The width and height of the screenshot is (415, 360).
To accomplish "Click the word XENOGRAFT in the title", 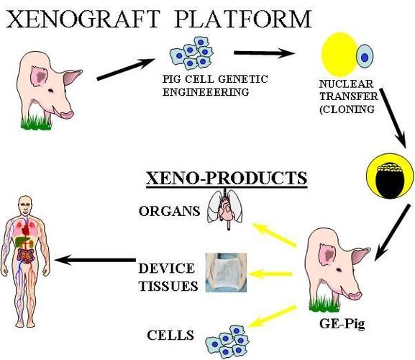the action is click(x=83, y=19).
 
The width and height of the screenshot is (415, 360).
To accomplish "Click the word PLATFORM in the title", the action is click(x=242, y=19).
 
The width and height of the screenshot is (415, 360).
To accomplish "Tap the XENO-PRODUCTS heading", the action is click(x=227, y=179).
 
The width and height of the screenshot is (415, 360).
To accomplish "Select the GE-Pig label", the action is click(x=342, y=324).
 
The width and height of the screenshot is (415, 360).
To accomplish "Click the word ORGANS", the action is click(x=170, y=212).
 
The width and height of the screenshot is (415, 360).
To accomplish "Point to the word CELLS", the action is click(x=170, y=335).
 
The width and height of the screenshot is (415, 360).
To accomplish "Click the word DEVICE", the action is click(x=166, y=269).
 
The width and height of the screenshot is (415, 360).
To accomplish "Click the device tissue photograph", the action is click(x=226, y=273).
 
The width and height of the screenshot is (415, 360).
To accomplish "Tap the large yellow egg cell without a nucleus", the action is click(x=339, y=54).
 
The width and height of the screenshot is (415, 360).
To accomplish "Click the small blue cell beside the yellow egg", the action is click(x=365, y=57).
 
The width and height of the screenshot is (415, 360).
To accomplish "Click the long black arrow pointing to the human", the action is click(x=95, y=260).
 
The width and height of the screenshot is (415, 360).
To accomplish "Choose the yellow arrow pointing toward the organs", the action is click(x=274, y=235).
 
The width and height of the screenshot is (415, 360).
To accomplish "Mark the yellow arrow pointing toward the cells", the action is click(x=273, y=316).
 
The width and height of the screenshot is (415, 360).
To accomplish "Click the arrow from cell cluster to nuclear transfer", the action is click(x=264, y=53).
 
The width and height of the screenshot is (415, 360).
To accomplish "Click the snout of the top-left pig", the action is click(x=67, y=114).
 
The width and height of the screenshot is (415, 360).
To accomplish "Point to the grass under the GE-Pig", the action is click(x=324, y=305).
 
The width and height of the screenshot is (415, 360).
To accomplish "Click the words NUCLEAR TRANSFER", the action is click(x=349, y=90).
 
